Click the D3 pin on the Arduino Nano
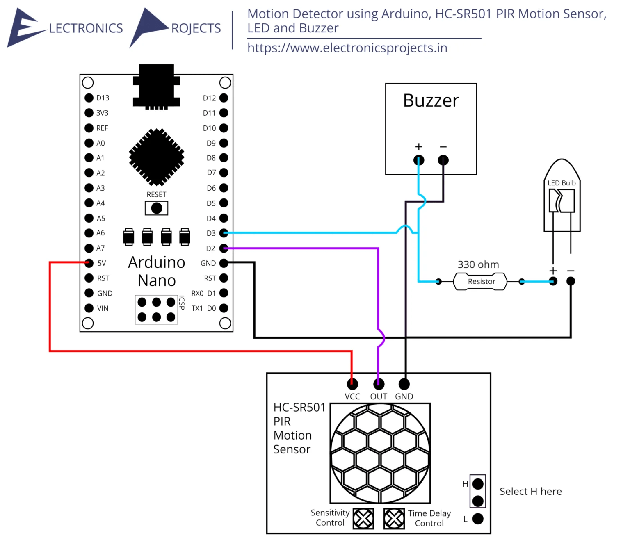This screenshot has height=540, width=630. [x=224, y=233]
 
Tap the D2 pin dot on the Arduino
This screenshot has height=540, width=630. [x=224, y=248]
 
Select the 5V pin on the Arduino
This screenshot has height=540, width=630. [x=89, y=263]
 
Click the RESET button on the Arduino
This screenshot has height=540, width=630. [x=156, y=208]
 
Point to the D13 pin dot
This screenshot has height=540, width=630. [x=89, y=98]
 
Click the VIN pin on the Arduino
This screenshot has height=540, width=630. [x=89, y=308]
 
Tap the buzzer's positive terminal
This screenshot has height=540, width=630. [x=418, y=160]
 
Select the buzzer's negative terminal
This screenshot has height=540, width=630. [x=443, y=160]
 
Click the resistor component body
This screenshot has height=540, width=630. [x=480, y=282]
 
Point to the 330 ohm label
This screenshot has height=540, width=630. [x=478, y=264]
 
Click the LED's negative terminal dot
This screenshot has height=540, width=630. [x=571, y=281]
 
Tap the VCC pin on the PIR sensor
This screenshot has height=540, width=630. [x=352, y=384]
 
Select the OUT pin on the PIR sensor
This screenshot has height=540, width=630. [x=379, y=384]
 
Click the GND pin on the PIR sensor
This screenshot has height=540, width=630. [x=404, y=384]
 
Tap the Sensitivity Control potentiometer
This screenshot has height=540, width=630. [x=363, y=519]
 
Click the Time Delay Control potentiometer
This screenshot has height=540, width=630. [x=394, y=519]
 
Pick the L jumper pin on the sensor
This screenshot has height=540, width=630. [x=478, y=519]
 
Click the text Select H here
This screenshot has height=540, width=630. [x=530, y=491]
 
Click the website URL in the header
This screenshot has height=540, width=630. [x=347, y=48]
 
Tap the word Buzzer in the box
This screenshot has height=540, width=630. [x=431, y=100]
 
